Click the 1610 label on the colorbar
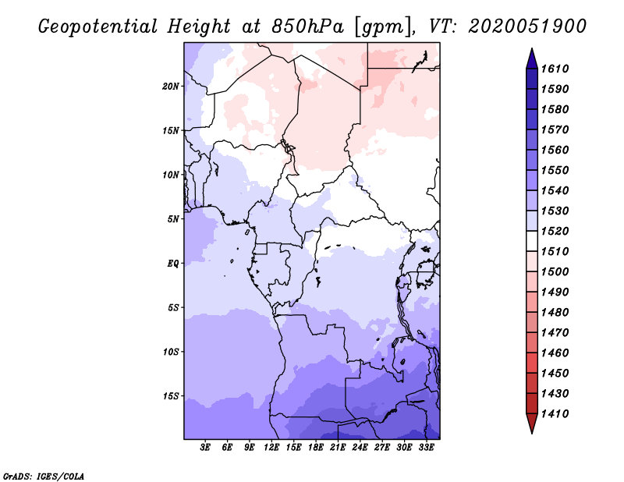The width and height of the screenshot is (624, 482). (x=558, y=69)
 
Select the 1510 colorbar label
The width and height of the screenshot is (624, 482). (x=558, y=252)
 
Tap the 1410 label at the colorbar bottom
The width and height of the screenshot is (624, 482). (x=558, y=414)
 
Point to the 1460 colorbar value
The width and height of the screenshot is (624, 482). (x=558, y=353)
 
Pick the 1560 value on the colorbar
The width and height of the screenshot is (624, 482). (x=558, y=151)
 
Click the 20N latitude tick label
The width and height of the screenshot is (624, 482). (x=171, y=86)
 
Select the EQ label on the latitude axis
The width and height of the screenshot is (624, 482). (x=172, y=264)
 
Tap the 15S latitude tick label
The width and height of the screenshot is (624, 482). (x=171, y=396)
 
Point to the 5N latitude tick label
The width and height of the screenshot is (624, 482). (x=173, y=219)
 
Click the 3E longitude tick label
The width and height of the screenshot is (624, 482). (x=206, y=448)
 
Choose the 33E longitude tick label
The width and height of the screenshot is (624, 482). (x=426, y=448)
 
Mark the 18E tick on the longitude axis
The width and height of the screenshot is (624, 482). (x=316, y=448)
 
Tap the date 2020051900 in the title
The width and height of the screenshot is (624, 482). (x=528, y=26)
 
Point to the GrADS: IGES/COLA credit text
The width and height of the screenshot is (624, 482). (x=43, y=475)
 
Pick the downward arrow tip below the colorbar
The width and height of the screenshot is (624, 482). (x=530, y=431)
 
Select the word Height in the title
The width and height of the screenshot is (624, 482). (x=199, y=26)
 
